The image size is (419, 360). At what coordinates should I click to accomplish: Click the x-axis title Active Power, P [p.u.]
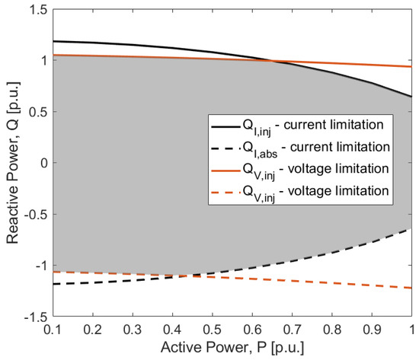(x=232, y=349)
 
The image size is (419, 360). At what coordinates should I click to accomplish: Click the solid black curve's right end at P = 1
(x=410, y=97)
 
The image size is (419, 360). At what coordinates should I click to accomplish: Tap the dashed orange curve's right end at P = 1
(x=410, y=288)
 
